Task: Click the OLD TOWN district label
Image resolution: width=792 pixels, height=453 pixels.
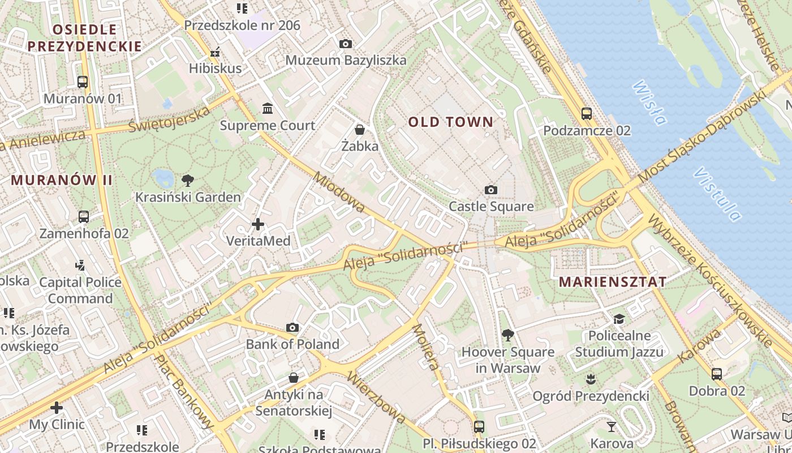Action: pyautogui.click(x=451, y=122)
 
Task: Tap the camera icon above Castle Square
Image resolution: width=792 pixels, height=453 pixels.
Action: pyautogui.click(x=491, y=190)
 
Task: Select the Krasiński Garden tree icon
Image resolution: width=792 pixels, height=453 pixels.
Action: pyautogui.click(x=188, y=181)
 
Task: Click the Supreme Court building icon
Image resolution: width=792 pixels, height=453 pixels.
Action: pyautogui.click(x=267, y=108)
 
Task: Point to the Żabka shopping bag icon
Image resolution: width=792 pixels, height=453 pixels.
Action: pyautogui.click(x=360, y=130)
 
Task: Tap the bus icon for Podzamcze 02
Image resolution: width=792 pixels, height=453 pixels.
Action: pyautogui.click(x=587, y=114)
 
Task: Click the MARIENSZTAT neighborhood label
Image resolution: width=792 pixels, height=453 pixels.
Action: pyautogui.click(x=613, y=281)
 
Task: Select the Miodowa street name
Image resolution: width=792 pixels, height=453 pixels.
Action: pyautogui.click(x=339, y=193)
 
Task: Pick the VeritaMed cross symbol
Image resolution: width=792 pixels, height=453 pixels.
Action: pyautogui.click(x=258, y=224)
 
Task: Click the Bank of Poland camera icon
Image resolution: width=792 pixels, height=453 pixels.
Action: pyautogui.click(x=292, y=327)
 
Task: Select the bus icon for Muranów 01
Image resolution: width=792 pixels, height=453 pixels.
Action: pyautogui.click(x=83, y=82)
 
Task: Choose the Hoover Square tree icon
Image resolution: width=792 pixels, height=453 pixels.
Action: pyautogui.click(x=507, y=335)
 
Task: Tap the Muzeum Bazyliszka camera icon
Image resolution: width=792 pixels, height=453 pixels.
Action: pyautogui.click(x=345, y=44)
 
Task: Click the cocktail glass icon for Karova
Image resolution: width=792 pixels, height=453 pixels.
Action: pyautogui.click(x=612, y=426)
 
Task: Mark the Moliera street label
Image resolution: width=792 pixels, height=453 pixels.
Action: pyautogui.click(x=426, y=347)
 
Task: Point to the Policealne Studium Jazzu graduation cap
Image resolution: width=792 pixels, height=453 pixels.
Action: pyautogui.click(x=619, y=319)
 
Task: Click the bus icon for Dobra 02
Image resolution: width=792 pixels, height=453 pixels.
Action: pyautogui.click(x=717, y=374)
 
